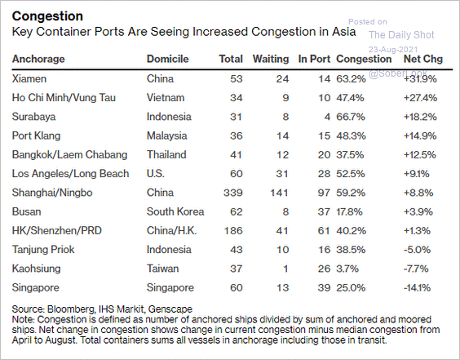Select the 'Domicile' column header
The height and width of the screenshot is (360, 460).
coord(167,60)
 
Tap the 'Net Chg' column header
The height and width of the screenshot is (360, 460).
coord(422,60)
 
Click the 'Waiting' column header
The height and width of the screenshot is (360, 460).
coord(271,60)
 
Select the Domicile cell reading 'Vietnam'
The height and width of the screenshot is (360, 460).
coord(165,98)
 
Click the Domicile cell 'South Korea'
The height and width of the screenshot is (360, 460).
coord(175,211)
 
